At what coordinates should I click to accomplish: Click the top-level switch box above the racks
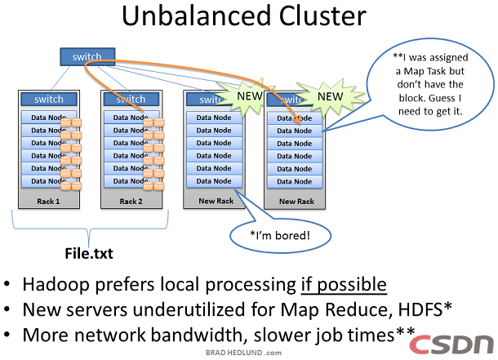87,57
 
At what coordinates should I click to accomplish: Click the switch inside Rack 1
48,100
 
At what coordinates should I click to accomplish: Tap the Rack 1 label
48,201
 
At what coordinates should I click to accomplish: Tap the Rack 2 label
131,201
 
